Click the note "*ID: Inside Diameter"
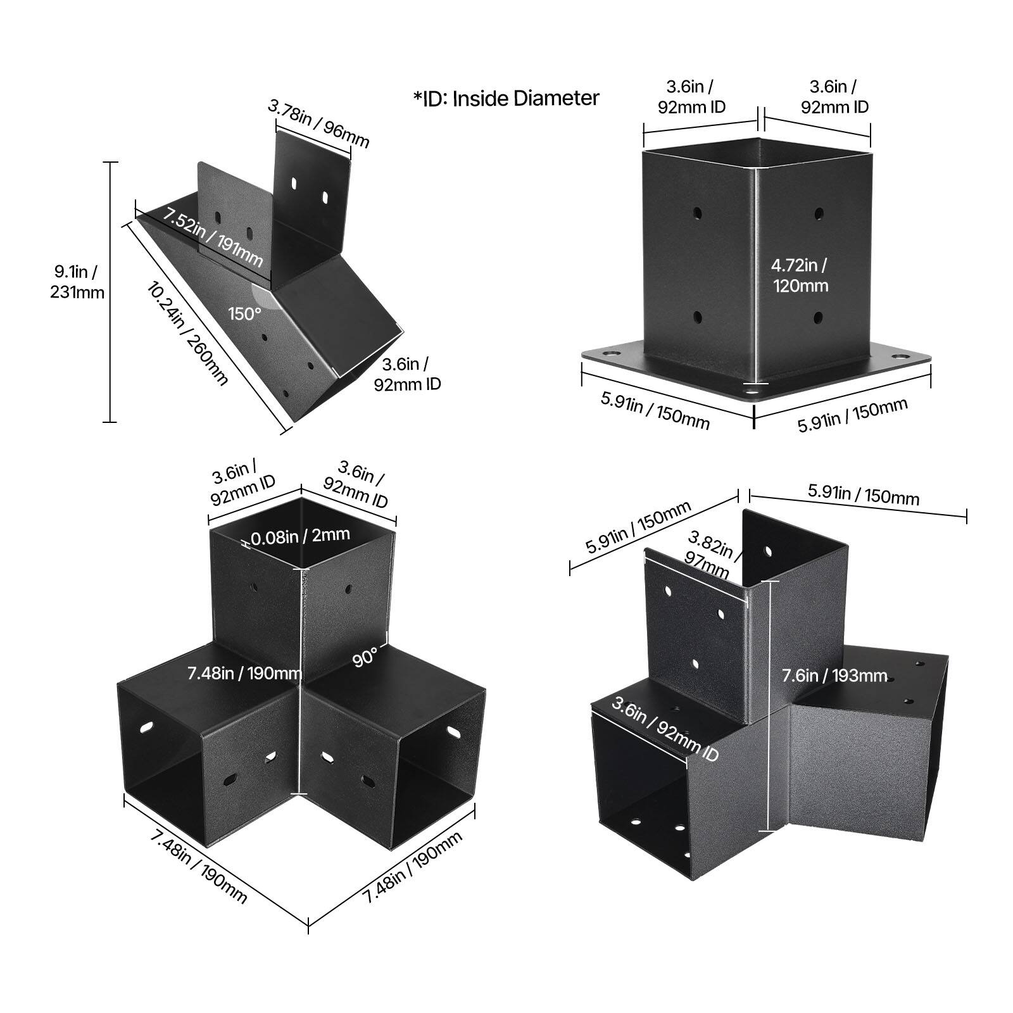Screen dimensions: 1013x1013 point(506,98)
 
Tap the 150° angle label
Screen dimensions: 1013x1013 point(244,313)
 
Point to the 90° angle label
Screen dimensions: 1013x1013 point(365,657)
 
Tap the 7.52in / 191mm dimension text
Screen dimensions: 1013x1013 point(213,237)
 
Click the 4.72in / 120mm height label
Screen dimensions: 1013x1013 point(800,275)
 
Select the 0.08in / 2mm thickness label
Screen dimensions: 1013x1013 point(300,536)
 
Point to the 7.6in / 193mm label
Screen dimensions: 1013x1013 point(834,676)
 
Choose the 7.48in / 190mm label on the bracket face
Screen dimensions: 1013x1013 point(244,672)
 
